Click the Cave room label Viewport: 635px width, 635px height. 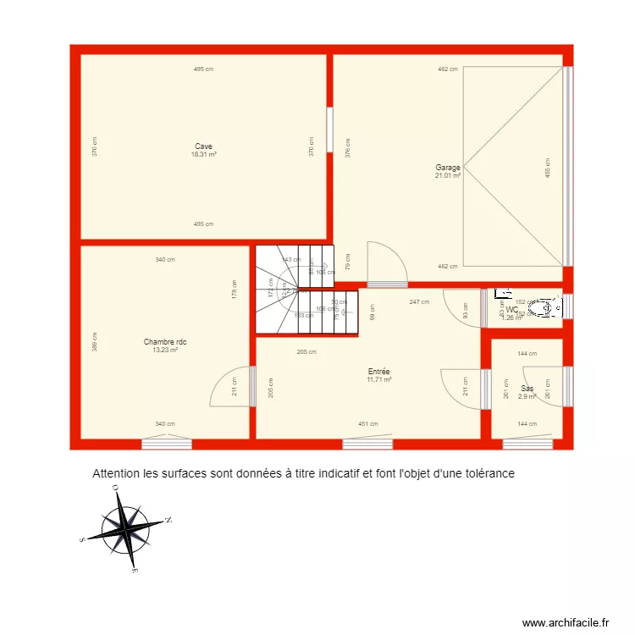(203, 146)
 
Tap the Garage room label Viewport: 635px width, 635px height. (448, 168)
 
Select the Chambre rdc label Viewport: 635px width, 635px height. (165, 342)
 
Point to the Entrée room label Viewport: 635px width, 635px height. (378, 372)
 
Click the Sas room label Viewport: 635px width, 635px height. (527, 389)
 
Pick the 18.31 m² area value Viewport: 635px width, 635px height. (203, 154)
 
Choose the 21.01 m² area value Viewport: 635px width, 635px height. (448, 176)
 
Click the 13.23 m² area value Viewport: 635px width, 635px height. (165, 350)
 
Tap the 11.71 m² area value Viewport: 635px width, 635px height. (378, 380)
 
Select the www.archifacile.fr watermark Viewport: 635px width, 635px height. (566, 622)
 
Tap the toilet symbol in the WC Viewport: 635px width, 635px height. (549, 309)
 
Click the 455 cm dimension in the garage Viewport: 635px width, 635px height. (548, 168)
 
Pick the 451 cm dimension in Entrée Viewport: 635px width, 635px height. (367, 424)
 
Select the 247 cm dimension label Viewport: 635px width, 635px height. (418, 302)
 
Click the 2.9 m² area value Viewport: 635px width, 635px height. (527, 396)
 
